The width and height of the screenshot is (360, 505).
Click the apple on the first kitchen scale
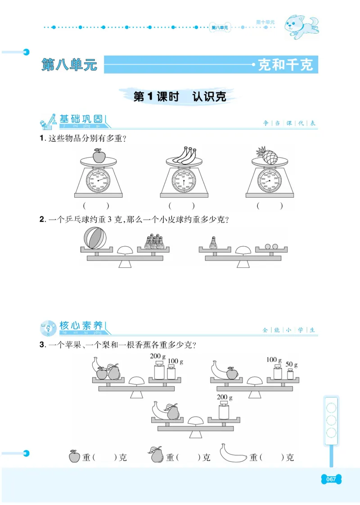(99, 156)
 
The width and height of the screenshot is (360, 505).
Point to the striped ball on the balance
(94, 238)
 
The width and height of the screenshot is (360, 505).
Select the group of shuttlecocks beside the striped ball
(153, 241)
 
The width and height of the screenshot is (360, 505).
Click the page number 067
(331, 479)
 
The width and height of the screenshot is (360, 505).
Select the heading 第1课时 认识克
(180, 96)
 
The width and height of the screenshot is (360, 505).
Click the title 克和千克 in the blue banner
(285, 65)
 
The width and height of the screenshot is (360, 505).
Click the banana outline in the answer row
(233, 455)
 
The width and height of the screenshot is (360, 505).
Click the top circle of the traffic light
(332, 408)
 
